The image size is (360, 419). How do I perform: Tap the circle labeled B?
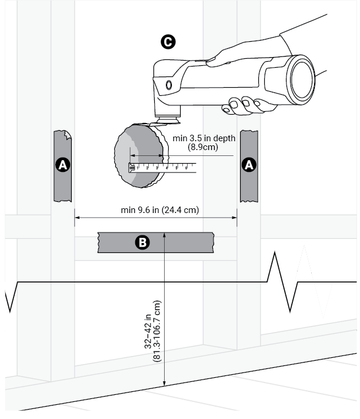pos(142,242)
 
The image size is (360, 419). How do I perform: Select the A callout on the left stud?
pos(62,165)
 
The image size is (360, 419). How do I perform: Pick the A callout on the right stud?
pos(249,165)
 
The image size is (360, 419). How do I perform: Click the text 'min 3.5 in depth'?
pos(204,138)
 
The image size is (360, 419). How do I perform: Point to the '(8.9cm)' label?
pos(203,148)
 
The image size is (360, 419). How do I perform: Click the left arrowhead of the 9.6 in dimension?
pos(77,219)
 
